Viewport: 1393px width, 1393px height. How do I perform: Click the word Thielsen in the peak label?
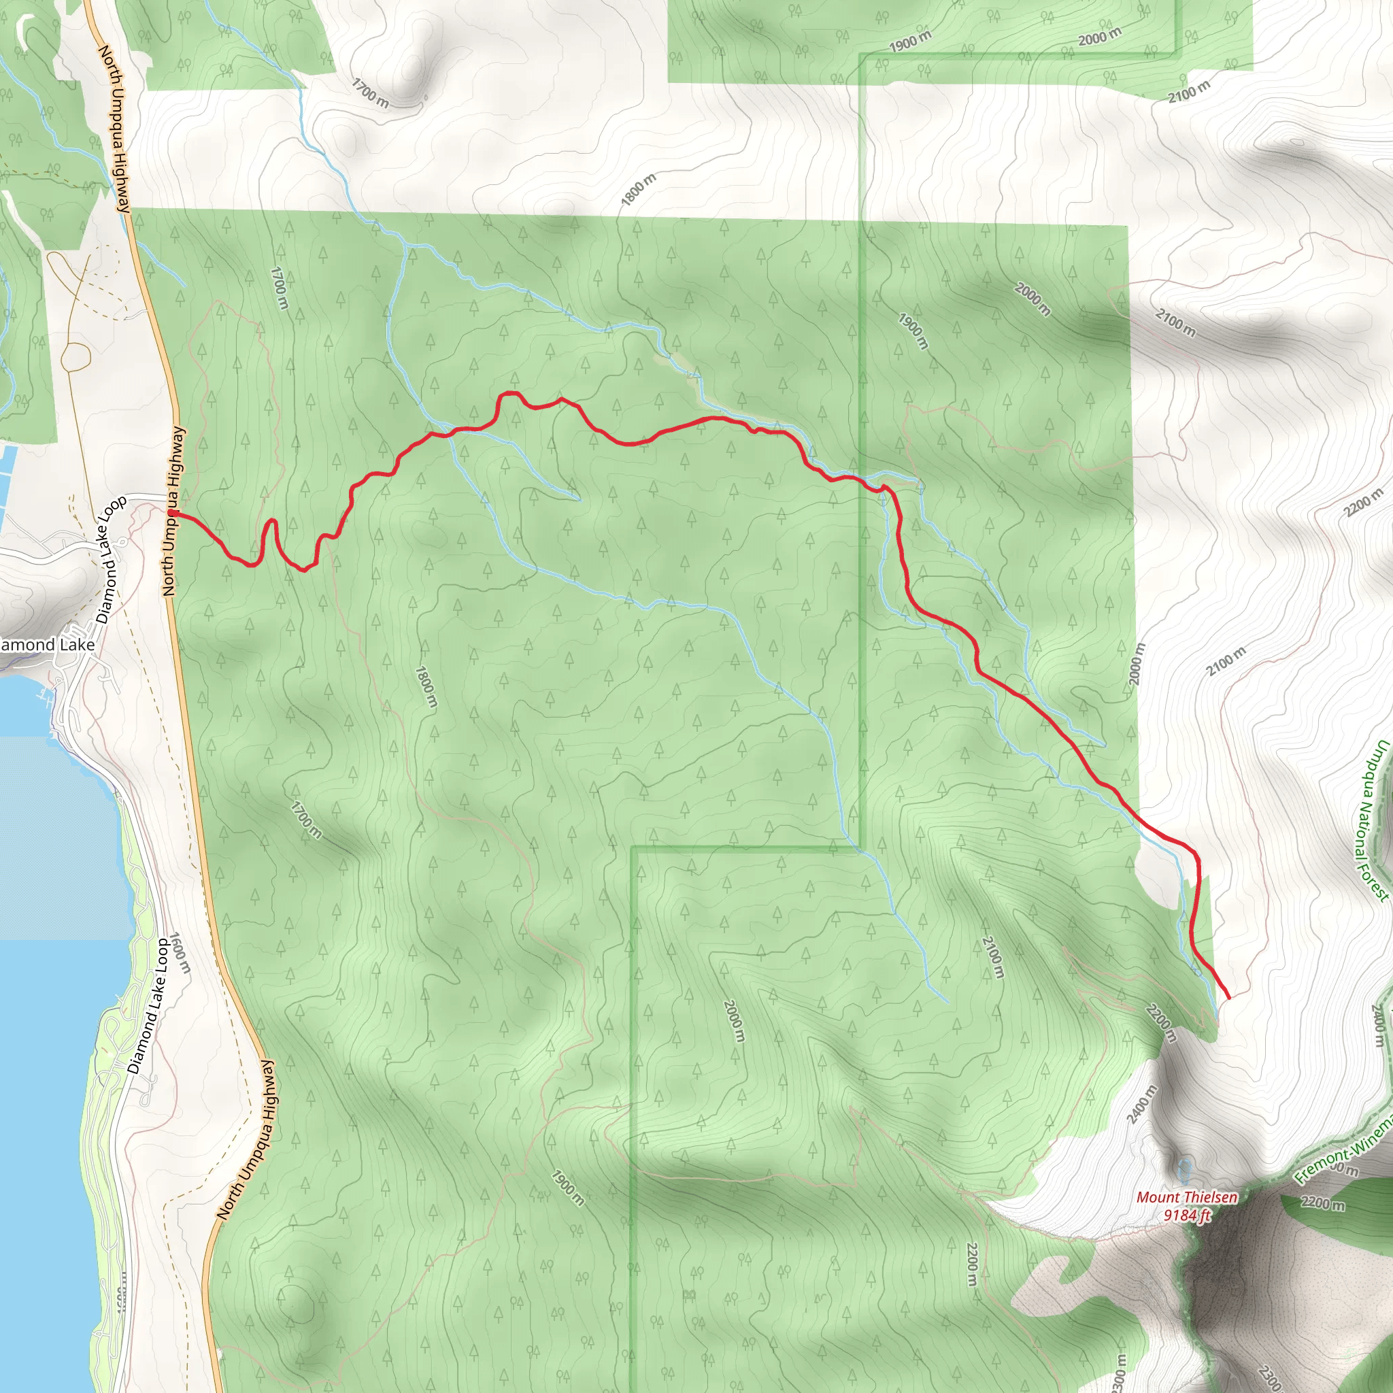[1208, 1198]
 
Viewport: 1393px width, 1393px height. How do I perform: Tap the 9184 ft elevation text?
[1187, 1215]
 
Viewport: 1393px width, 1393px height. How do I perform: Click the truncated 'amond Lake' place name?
[46, 645]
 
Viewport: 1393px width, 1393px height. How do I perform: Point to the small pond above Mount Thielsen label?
[1184, 1166]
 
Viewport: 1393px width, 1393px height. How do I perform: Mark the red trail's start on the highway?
[171, 513]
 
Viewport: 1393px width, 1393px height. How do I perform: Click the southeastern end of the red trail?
[1228, 998]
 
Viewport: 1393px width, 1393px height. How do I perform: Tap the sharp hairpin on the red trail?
[272, 521]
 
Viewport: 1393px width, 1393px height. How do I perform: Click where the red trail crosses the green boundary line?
[861, 481]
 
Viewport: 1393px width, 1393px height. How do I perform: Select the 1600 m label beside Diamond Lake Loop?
[180, 952]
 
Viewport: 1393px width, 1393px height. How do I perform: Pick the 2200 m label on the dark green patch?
[1323, 1204]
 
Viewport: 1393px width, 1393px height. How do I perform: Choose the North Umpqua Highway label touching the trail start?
[173, 512]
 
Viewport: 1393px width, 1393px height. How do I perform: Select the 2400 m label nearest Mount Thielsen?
[1142, 1103]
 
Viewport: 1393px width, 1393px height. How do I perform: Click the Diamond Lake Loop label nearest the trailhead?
[111, 560]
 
